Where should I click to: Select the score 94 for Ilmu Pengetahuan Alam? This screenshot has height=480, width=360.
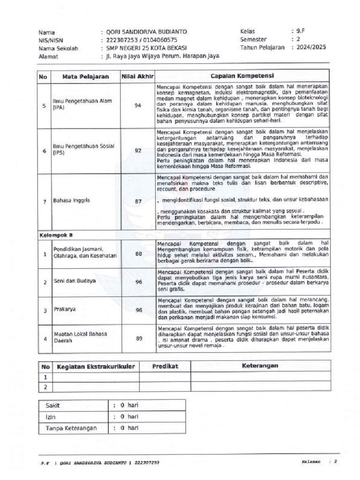click(138, 105)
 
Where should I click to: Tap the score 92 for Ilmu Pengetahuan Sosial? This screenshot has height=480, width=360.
click(138, 150)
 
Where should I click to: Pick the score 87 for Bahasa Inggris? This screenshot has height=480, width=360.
click(138, 201)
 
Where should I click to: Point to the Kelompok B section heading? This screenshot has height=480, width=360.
click(56, 235)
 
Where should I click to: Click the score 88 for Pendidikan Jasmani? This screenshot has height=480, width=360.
click(138, 254)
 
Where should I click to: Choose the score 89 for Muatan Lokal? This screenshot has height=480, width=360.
click(138, 338)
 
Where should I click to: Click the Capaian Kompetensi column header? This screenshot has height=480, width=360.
click(242, 76)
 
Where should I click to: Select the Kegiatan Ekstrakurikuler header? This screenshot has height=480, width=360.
click(96, 366)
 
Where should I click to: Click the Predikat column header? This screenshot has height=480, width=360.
click(164, 366)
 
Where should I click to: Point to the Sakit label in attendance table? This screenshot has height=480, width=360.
click(53, 405)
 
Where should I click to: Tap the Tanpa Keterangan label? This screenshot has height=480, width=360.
click(71, 428)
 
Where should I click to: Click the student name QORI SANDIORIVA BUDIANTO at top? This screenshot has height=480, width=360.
click(147, 32)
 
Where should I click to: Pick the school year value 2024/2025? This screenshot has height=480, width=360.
click(312, 47)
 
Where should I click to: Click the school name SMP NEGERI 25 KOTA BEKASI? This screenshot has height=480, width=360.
click(146, 48)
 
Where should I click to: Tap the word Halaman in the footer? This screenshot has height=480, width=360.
click(311, 462)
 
